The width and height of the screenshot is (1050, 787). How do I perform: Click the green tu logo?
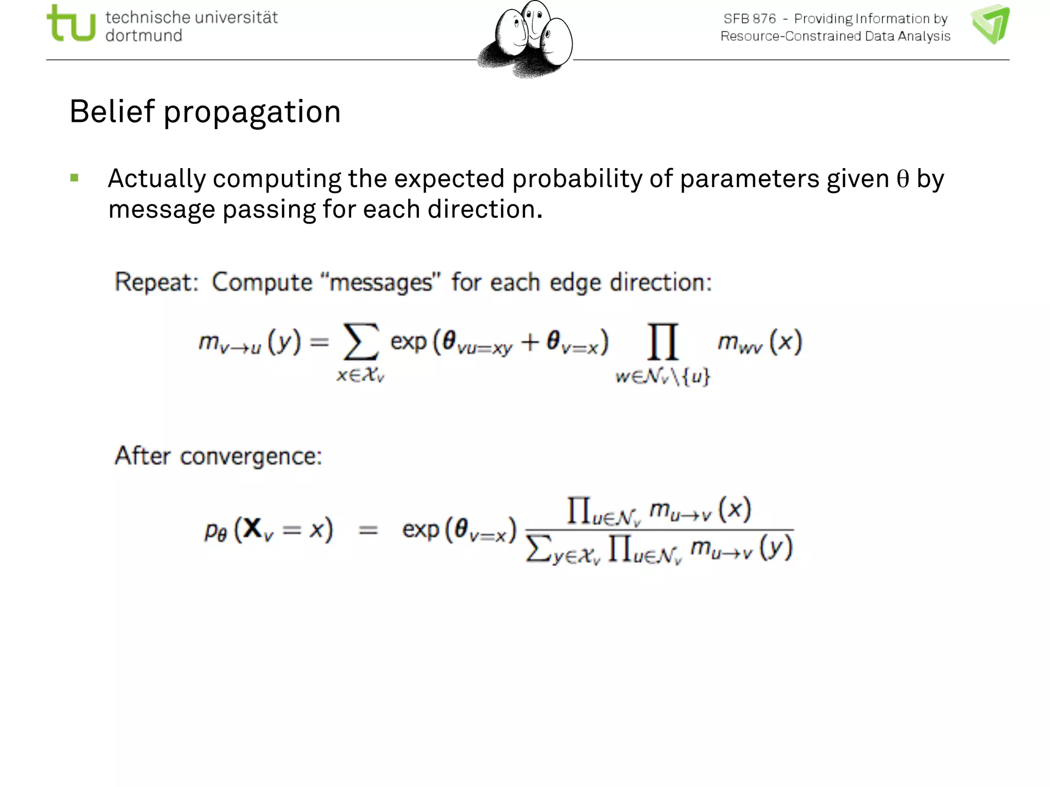71,24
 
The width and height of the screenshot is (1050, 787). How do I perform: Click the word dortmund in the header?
144,36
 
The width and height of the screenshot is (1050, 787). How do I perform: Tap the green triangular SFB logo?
990,24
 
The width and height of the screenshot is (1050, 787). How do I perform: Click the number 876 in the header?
764,19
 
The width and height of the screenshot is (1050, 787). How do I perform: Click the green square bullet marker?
75,178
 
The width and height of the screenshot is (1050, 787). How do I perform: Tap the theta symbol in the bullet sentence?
902,179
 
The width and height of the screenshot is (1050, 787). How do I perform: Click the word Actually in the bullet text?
157,179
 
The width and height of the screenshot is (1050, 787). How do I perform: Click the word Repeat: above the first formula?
156,282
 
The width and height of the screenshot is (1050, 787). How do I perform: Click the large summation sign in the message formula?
361,342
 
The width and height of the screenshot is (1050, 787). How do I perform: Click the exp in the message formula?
408,342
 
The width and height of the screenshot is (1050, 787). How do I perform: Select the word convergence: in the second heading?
251,456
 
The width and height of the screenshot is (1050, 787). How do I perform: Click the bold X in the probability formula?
252,528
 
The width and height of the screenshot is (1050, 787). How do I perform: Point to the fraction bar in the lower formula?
659,530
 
